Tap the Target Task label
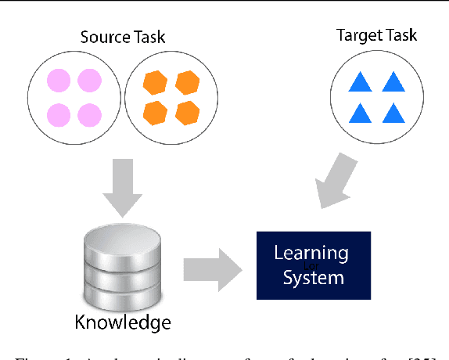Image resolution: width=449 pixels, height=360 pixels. click(x=376, y=35)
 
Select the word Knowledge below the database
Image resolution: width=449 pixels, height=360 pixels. click(x=122, y=322)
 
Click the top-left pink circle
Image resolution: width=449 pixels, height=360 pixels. click(x=58, y=81)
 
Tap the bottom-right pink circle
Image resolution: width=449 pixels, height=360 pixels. click(x=89, y=115)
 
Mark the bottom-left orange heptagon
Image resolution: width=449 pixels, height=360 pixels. click(x=156, y=113)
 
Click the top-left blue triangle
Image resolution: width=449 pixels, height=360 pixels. click(x=361, y=82)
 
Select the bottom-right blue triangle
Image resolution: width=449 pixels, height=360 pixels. click(x=392, y=113)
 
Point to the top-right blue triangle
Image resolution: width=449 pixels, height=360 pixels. click(x=392, y=82)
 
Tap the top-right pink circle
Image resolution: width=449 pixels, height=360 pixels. click(x=89, y=81)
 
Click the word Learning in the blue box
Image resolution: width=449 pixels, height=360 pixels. click(x=311, y=253)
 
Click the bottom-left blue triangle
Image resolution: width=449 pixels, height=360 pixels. click(x=361, y=113)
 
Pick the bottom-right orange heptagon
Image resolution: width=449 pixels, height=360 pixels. click(x=187, y=113)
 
